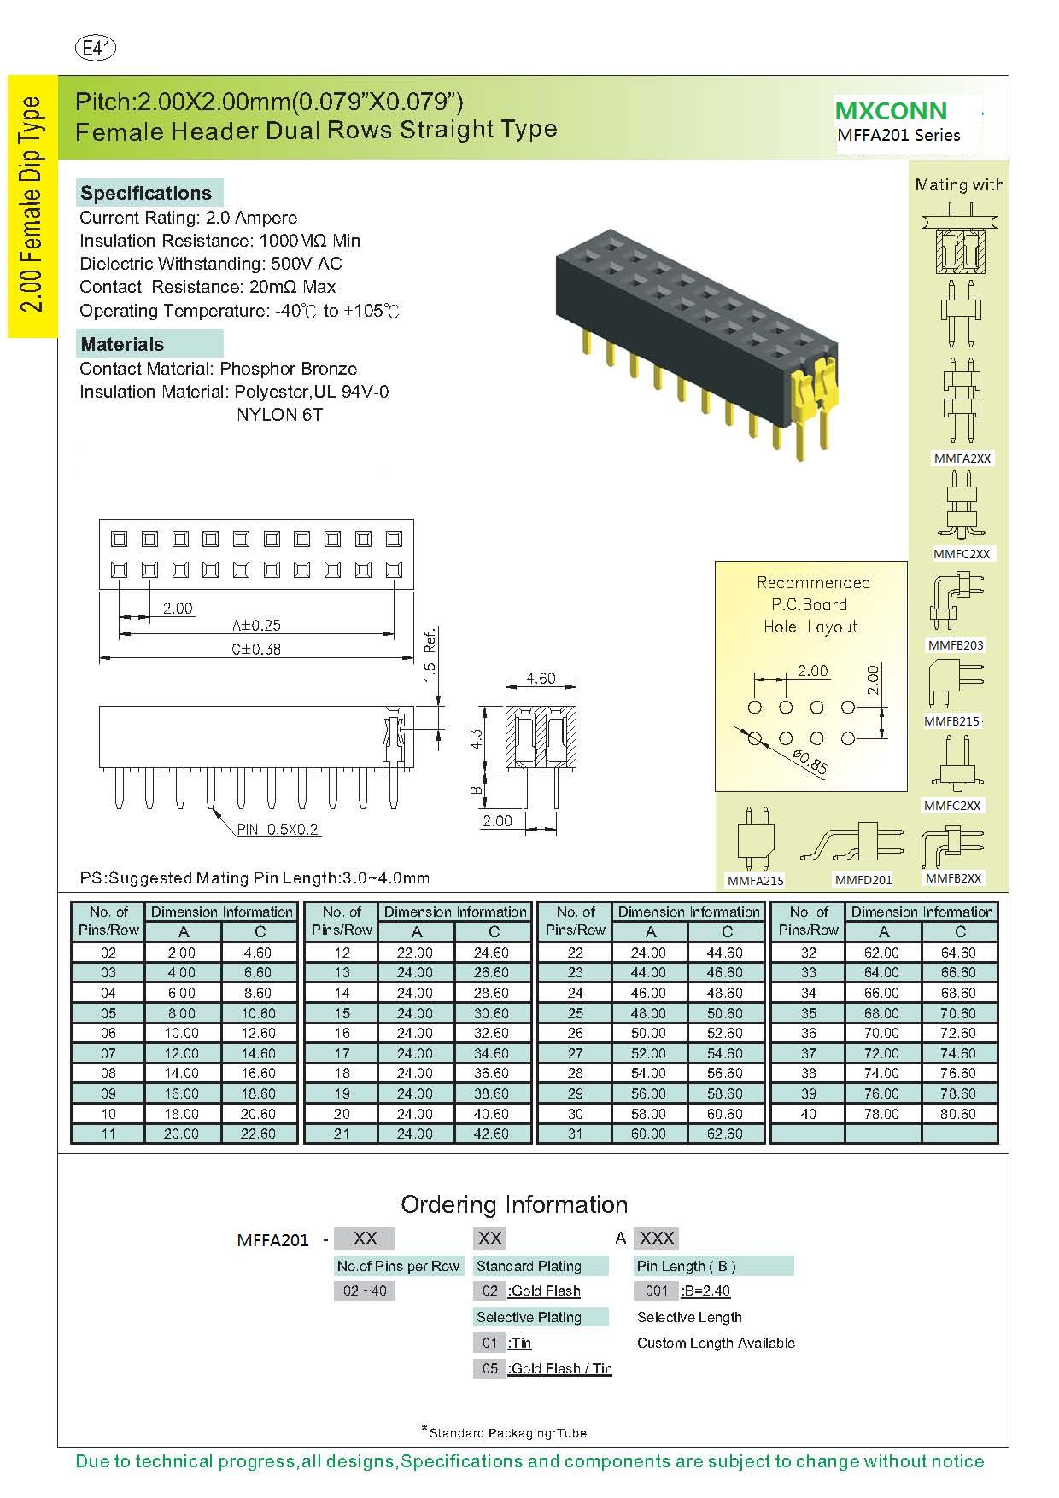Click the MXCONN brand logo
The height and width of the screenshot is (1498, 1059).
(891, 111)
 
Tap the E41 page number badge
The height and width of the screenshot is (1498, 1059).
(97, 49)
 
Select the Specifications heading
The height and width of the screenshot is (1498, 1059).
(146, 193)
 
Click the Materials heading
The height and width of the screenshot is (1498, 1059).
(122, 344)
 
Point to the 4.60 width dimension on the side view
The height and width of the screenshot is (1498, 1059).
(540, 679)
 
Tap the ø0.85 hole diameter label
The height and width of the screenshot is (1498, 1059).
(810, 761)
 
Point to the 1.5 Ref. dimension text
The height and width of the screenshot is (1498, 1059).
(430, 653)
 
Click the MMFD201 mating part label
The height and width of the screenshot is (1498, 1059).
(863, 879)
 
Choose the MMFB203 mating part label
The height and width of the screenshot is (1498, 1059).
(956, 645)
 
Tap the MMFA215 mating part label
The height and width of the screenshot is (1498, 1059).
(755, 880)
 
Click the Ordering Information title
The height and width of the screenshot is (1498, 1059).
(514, 1204)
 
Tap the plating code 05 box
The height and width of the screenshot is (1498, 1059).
(489, 1368)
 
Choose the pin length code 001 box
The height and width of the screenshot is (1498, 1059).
(656, 1291)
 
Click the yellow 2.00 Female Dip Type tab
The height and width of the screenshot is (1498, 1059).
(32, 205)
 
